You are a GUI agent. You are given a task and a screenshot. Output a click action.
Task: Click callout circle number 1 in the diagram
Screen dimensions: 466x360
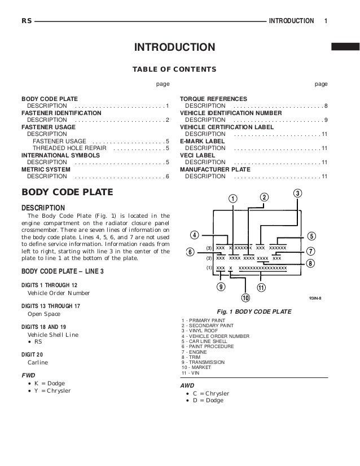[x=232, y=199]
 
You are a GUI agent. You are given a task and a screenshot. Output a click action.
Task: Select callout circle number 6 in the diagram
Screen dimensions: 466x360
[x=190, y=252]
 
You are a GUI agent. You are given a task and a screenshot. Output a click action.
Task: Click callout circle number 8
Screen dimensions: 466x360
[x=311, y=263]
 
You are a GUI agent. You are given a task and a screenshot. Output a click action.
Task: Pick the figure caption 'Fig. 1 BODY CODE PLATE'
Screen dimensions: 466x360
[x=254, y=311]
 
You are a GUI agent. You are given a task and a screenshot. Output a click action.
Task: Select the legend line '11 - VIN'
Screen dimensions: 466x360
[x=190, y=373]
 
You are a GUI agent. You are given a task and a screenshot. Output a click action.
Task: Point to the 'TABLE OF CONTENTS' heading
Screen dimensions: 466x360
[x=174, y=69]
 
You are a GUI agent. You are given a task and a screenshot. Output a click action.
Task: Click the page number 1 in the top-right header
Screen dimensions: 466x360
[x=326, y=21]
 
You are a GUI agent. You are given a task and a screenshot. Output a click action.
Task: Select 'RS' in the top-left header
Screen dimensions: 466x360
[x=26, y=21]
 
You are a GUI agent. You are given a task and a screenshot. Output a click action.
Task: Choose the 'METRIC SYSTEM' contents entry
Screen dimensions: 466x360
[x=46, y=169]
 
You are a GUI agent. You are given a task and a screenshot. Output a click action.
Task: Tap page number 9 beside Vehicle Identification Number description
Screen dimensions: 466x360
[x=326, y=120]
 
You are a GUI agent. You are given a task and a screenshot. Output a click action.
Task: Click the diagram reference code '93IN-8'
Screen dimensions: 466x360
[x=318, y=299]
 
